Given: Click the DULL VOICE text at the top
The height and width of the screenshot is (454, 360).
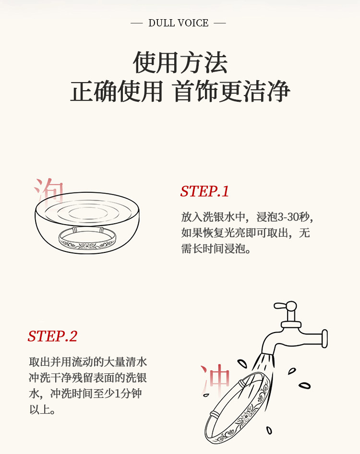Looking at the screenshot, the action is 178,23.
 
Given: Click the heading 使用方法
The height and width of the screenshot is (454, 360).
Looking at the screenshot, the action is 180,62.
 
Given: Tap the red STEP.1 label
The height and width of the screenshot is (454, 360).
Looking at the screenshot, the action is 204,191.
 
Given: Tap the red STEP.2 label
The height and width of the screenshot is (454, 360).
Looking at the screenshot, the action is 52,336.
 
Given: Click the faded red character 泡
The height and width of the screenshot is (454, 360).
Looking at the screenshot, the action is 48,190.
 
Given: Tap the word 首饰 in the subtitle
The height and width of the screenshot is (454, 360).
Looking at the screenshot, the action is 196,92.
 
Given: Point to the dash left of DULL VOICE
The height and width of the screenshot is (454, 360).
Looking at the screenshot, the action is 136,23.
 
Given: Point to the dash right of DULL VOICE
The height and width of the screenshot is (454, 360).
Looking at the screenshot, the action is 219,23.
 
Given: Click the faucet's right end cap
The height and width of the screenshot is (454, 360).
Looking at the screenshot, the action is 324,338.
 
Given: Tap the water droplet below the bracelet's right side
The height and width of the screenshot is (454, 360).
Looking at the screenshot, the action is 269,430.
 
